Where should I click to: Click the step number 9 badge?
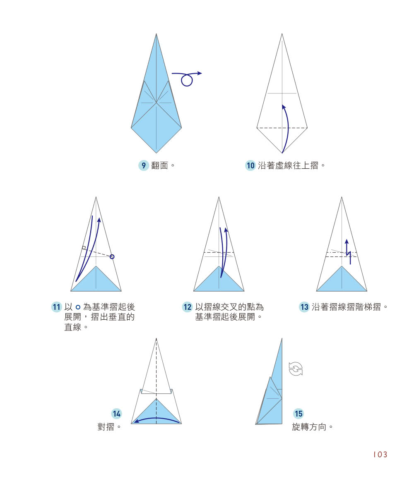coord(143,165)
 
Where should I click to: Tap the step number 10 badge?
coord(250,165)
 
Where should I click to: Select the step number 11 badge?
coord(56,307)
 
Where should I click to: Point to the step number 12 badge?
coord(188,307)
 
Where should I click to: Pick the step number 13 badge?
coord(304,307)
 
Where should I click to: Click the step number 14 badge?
coord(117,413)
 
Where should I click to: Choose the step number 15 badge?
coord(298,413)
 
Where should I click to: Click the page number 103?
coord(380,455)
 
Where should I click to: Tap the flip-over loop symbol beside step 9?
coord(187,79)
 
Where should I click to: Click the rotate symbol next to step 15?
coord(296,368)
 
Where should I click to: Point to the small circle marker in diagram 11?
coord(112,257)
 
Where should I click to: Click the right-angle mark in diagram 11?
coord(84,248)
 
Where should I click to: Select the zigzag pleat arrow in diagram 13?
coord(348,251)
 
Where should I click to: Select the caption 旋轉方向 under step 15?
coord(309,426)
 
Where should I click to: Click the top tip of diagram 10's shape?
coord(282,34)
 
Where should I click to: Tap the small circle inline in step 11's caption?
coord(77,307)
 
